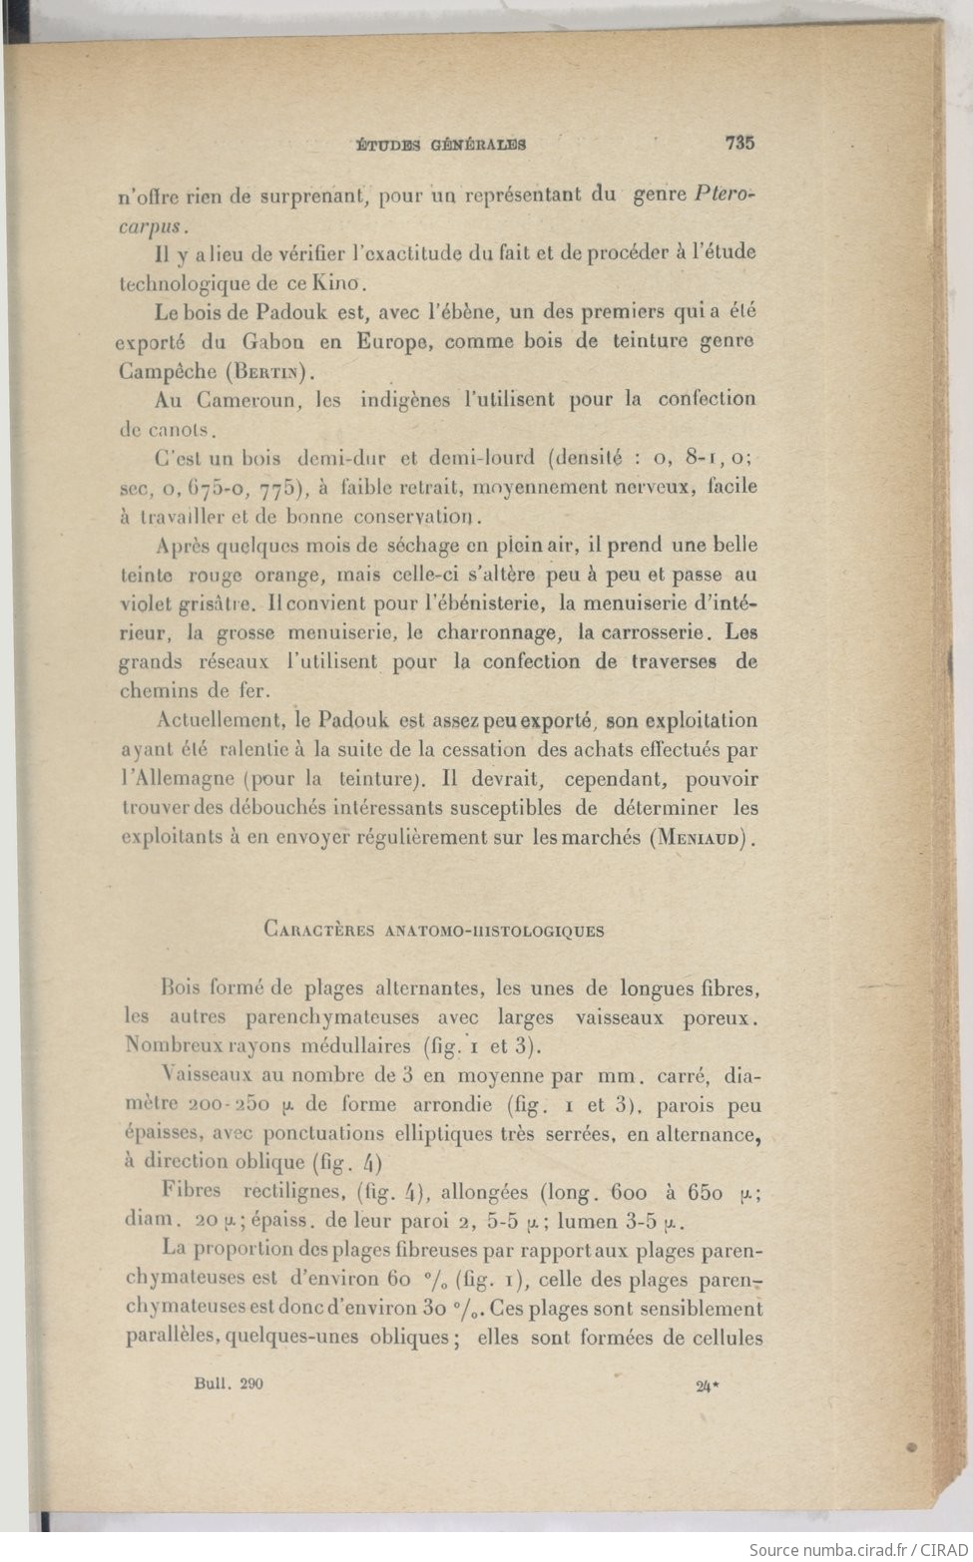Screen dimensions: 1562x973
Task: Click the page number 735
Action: coord(739,143)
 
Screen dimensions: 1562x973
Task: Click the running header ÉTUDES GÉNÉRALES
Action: coord(441,145)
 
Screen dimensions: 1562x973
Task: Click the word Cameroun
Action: coord(248,400)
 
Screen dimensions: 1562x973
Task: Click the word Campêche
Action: coord(168,371)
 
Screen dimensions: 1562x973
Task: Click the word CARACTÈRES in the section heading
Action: coord(318,930)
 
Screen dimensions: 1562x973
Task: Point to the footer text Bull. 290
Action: coord(229,1382)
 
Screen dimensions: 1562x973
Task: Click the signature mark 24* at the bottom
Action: coord(707,1383)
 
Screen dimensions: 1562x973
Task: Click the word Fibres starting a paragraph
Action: coord(191,1190)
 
